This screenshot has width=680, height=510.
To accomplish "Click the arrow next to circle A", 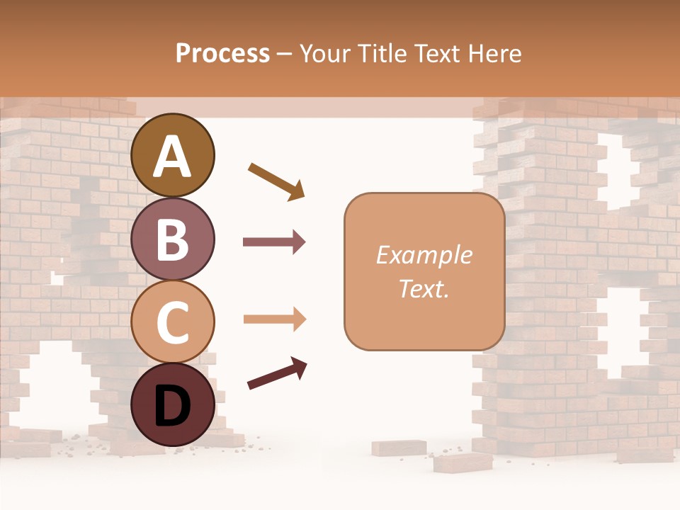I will click(276, 181).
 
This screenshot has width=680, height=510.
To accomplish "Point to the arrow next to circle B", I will click(274, 242).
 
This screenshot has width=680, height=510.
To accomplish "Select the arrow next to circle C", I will click(274, 319).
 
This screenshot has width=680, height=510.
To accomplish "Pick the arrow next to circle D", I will click(277, 374).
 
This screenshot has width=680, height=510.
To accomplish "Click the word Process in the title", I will click(222, 53).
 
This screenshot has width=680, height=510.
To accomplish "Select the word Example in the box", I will click(424, 255).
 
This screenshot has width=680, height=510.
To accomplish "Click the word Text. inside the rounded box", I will click(424, 288).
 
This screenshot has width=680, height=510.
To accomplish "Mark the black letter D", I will click(173, 406).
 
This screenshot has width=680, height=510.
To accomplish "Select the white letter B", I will click(173, 239).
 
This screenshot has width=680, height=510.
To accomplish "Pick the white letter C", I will click(173, 322).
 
